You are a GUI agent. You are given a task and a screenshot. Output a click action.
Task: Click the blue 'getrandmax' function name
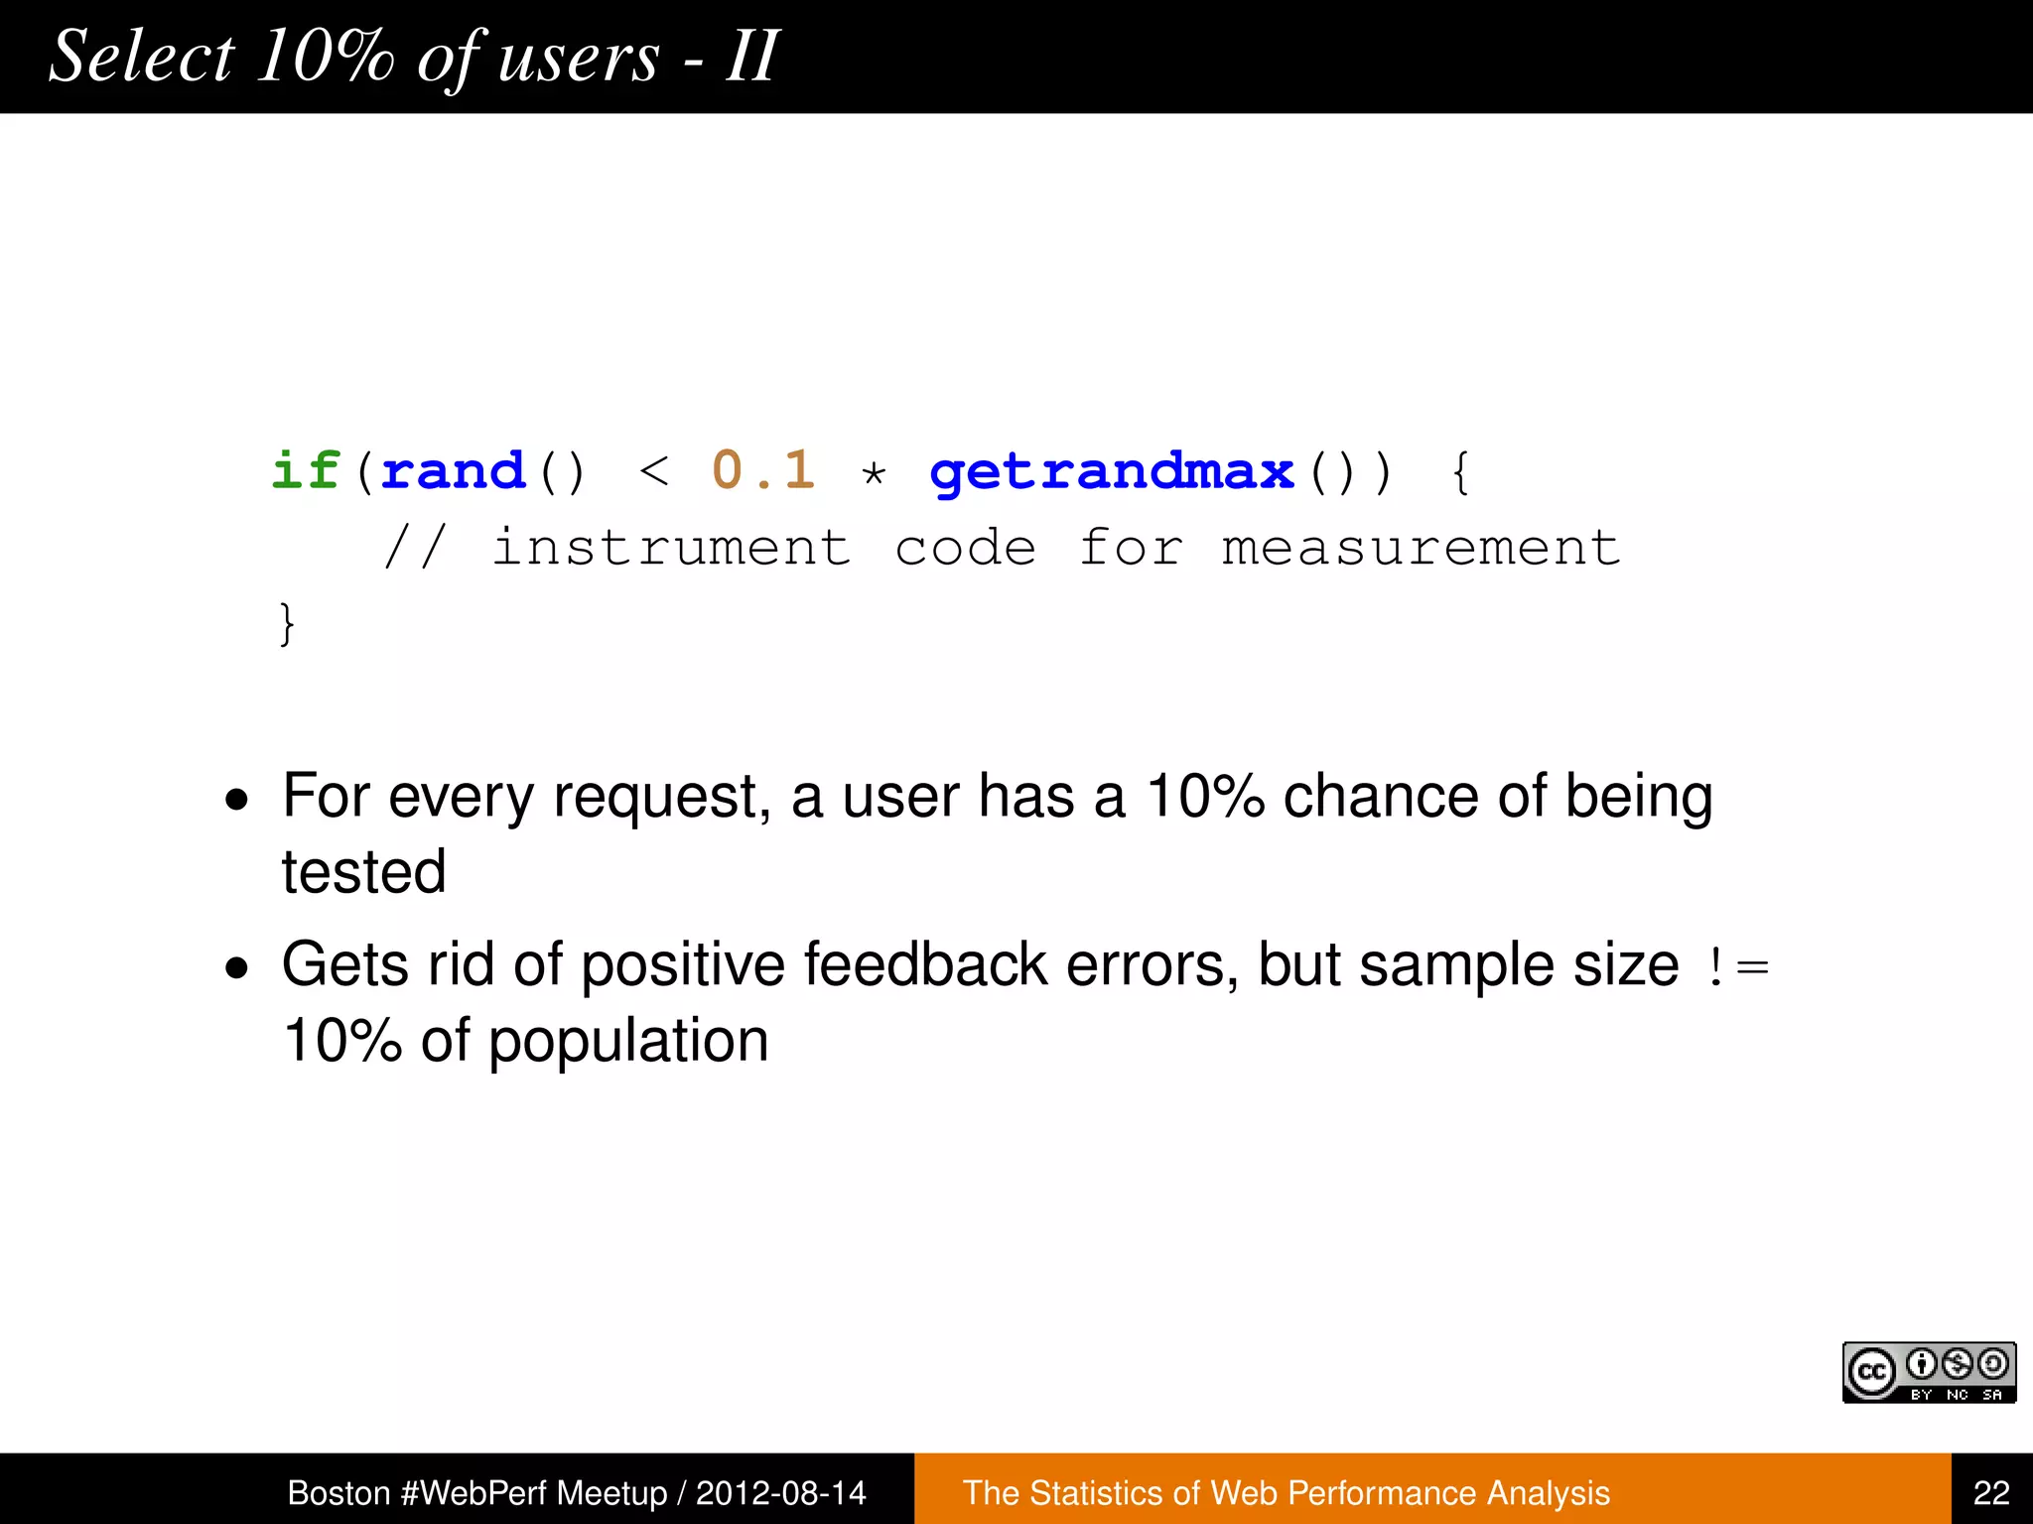[x=1113, y=472]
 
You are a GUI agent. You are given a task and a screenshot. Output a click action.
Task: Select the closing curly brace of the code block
[x=287, y=624]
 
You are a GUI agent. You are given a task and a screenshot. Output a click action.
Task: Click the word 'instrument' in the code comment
[x=671, y=548]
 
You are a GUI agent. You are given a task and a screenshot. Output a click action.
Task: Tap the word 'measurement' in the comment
[x=1421, y=548]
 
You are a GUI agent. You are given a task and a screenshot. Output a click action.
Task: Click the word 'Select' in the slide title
[x=142, y=57]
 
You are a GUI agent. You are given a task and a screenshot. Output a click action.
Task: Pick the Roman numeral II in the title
[x=751, y=57]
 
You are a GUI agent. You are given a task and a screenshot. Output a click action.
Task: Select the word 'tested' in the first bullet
[x=363, y=872]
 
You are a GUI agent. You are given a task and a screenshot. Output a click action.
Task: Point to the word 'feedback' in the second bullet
[x=924, y=964]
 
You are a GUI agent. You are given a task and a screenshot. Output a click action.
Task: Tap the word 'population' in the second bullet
[x=628, y=1041]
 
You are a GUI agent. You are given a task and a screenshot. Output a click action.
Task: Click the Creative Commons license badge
[x=1929, y=1372]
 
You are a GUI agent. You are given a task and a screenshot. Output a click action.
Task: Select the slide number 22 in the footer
[x=1991, y=1492]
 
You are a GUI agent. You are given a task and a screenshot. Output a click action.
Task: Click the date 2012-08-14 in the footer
[x=780, y=1492]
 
